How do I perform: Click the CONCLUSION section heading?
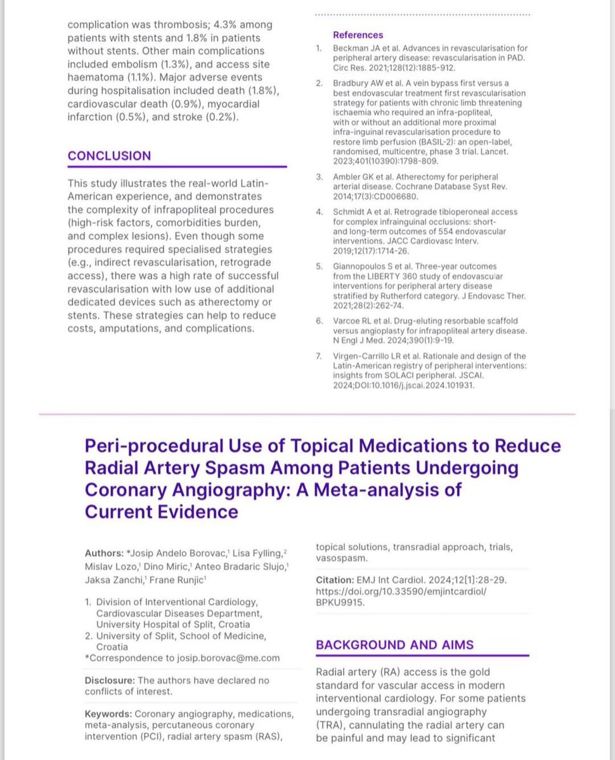coord(109,156)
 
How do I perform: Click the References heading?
coord(358,35)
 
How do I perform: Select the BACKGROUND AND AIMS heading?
coord(394,645)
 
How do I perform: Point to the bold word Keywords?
coord(107,714)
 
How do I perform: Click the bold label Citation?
coord(334,580)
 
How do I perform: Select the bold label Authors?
coord(103,554)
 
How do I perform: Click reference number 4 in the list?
coord(320,212)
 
